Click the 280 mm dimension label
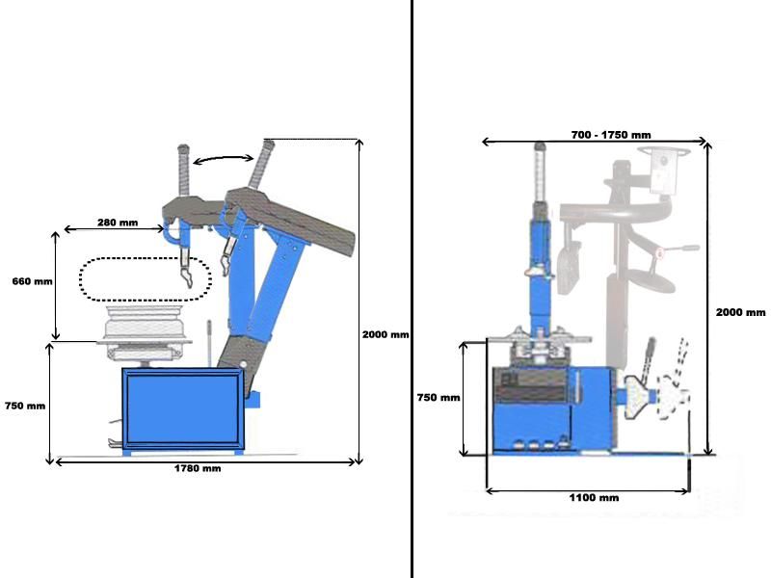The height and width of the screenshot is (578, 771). click(117, 223)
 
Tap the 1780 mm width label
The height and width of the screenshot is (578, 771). click(198, 469)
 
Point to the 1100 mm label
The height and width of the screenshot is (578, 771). click(595, 498)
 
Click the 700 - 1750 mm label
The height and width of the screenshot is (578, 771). click(610, 134)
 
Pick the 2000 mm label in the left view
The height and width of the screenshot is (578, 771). click(385, 335)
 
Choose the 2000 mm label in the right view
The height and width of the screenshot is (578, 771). click(740, 312)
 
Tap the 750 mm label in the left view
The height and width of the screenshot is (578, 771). click(24, 406)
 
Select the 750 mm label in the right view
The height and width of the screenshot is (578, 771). click(438, 397)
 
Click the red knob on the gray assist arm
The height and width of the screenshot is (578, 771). click(659, 253)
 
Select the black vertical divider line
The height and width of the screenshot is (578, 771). click(412, 289)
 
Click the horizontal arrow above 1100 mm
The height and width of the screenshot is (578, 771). click(588, 489)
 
